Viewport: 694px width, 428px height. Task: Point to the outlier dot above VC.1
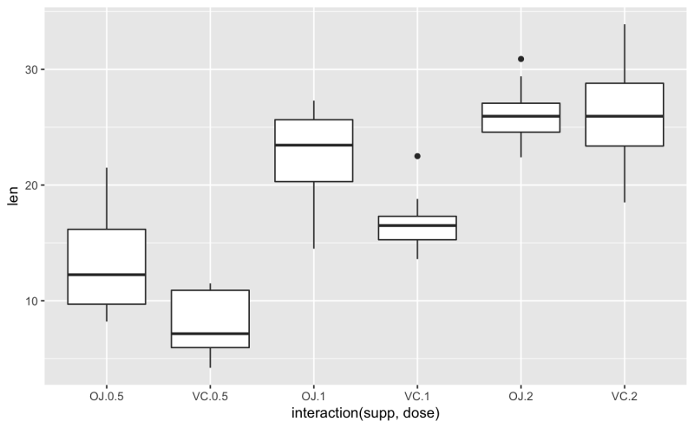pyautogui.click(x=417, y=156)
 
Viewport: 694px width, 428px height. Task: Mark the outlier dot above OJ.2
pyautogui.click(x=521, y=59)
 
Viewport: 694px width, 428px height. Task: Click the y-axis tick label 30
pyautogui.click(x=27, y=69)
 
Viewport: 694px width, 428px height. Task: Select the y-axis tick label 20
pyautogui.click(x=27, y=185)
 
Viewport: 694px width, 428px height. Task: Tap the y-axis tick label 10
pyautogui.click(x=27, y=302)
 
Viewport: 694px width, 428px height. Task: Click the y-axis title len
pyautogui.click(x=10, y=198)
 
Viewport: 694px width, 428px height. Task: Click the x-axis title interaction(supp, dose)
pyautogui.click(x=365, y=413)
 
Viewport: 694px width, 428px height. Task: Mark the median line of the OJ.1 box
pyautogui.click(x=314, y=145)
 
